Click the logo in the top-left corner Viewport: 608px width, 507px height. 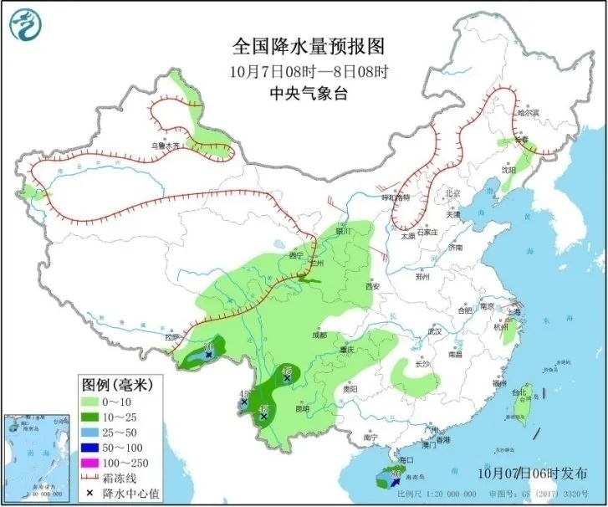pyautogui.click(x=26, y=26)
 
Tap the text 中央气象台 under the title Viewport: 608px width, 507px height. pyautogui.click(x=304, y=93)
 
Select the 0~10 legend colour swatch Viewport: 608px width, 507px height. pyautogui.click(x=93, y=401)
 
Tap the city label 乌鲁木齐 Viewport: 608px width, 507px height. pyautogui.click(x=165, y=146)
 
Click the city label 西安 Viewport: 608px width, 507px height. pyautogui.click(x=372, y=287)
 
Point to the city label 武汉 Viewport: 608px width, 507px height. pyautogui.click(x=433, y=331)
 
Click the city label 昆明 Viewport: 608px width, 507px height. pyautogui.click(x=301, y=408)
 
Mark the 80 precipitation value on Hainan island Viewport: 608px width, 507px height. pyautogui.click(x=394, y=474)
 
